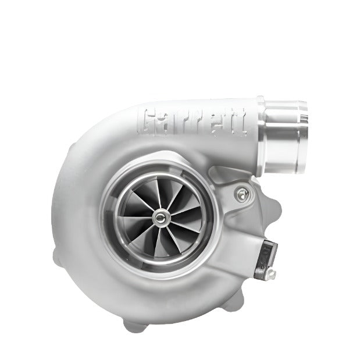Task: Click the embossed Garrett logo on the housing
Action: (194, 121)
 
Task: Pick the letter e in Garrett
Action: (215, 123)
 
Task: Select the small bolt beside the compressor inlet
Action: (241, 193)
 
